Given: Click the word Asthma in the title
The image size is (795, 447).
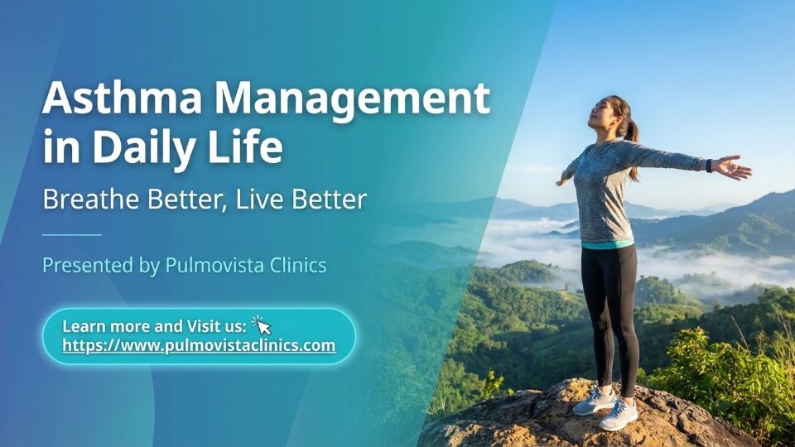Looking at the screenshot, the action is [123, 98].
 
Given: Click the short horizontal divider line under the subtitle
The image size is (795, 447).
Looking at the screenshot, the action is [72, 234].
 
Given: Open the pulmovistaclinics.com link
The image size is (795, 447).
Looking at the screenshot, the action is [199, 345].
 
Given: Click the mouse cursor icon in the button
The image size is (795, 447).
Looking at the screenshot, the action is [262, 324].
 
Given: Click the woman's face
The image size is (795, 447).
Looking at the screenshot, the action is [600, 113].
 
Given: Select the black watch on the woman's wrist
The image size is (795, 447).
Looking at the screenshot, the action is [709, 166].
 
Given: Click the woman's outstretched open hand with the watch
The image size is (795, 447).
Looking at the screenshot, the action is [732, 167].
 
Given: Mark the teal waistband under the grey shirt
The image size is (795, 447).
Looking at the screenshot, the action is [607, 245].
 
